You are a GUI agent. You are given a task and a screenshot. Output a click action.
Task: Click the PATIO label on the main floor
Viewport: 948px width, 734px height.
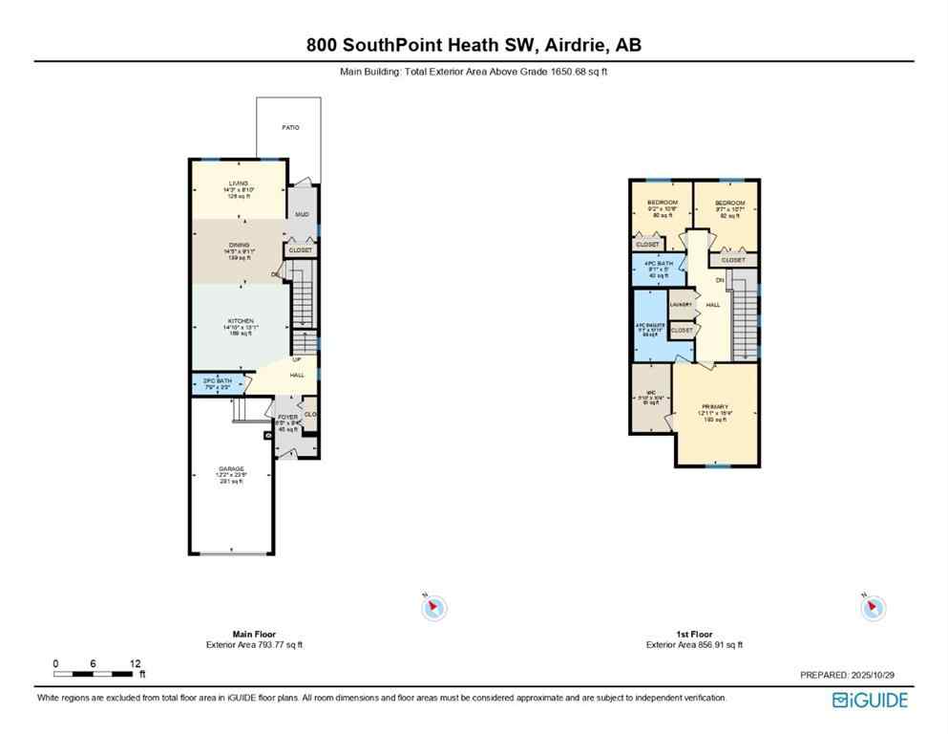point(289,127)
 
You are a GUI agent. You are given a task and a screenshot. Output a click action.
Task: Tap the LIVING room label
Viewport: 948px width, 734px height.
point(238,183)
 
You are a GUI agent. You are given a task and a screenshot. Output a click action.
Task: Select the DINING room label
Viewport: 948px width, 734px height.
point(239,246)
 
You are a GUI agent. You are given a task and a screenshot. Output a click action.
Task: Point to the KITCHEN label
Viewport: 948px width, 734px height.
point(240,321)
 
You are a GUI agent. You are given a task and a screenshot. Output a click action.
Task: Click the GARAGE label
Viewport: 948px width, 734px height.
point(230,468)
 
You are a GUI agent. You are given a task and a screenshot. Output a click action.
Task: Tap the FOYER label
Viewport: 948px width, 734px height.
point(288,418)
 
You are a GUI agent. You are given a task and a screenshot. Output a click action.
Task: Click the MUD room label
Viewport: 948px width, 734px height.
point(302,215)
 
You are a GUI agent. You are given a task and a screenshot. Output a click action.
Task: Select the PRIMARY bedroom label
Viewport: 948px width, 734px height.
point(715,406)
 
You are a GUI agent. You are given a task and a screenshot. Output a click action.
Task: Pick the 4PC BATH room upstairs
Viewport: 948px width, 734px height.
point(659,264)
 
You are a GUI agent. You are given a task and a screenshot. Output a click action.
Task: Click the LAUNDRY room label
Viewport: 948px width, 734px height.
point(681,304)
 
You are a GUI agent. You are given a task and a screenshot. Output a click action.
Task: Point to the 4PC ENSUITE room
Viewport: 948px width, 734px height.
point(650,326)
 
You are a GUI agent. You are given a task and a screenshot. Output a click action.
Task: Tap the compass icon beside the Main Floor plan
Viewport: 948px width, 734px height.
point(434,606)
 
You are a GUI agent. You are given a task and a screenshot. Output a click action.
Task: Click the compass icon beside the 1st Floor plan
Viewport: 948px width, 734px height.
point(873,606)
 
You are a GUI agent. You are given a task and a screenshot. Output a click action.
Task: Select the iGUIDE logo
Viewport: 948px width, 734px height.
point(870,701)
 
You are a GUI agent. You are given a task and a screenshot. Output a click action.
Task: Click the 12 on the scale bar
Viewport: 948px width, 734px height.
point(136,663)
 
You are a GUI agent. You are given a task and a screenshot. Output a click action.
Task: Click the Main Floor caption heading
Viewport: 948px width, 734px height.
point(254,634)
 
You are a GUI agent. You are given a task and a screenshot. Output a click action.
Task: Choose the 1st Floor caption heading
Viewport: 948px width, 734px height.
point(694,634)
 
